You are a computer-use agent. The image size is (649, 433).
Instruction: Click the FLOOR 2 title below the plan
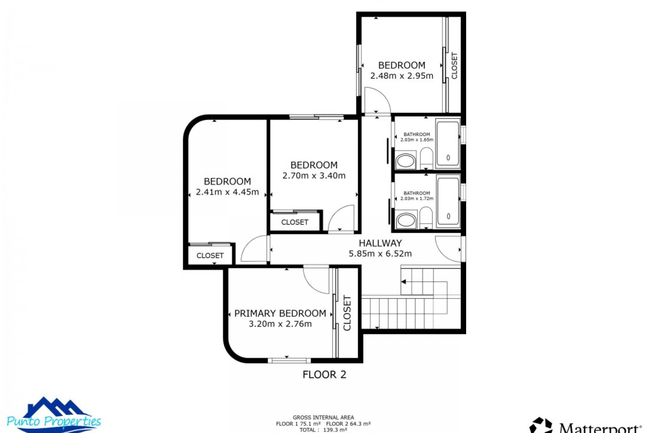pyautogui.click(x=324, y=374)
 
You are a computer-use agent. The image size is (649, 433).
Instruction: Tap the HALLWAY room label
pyautogui.click(x=380, y=243)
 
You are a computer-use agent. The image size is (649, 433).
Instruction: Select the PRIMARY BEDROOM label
pyautogui.click(x=280, y=313)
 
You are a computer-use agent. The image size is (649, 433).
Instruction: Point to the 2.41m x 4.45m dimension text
pyautogui.click(x=227, y=192)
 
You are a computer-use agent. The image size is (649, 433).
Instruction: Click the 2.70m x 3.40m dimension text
pyautogui.click(x=314, y=176)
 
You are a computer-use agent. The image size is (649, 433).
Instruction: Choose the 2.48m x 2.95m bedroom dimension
pyautogui.click(x=402, y=76)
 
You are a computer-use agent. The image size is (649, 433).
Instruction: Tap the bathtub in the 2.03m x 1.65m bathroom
pyautogui.click(x=448, y=143)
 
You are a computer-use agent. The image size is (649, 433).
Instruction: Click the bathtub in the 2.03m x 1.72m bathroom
pyautogui.click(x=448, y=202)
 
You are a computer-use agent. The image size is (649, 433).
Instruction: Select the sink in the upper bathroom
pyautogui.click(x=406, y=161)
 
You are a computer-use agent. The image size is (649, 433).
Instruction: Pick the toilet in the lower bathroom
pyautogui.click(x=426, y=218)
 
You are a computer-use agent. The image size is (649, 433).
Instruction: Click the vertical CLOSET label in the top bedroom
pyautogui.click(x=454, y=66)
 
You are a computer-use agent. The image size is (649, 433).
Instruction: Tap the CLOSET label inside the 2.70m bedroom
pyautogui.click(x=295, y=222)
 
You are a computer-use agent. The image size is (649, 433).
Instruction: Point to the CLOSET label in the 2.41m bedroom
pyautogui.click(x=210, y=255)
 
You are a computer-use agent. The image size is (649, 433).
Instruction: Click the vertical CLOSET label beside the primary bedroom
pyautogui.click(x=347, y=313)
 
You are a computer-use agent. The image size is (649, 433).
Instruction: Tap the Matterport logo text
pyautogui.click(x=600, y=428)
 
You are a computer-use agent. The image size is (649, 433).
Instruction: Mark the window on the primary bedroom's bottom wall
pyautogui.click(x=289, y=360)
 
